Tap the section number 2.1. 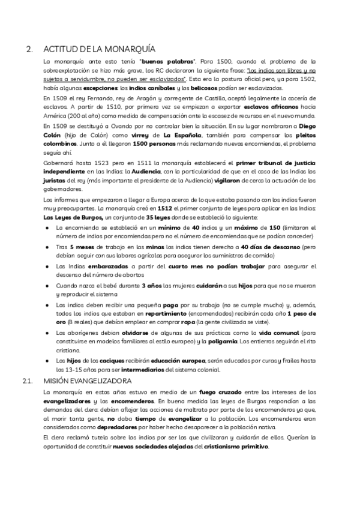[x=26, y=381]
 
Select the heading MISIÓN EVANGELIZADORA [x=88, y=381]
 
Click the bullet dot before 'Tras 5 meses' [x=47, y=247]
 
